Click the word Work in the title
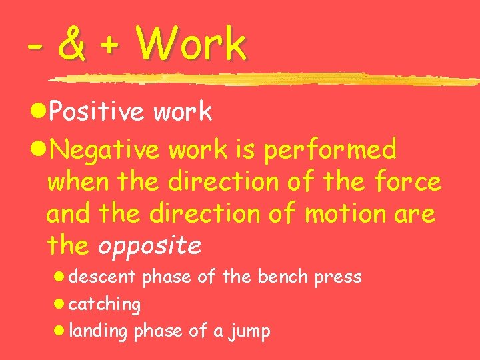coord(191,44)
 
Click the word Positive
coord(97,113)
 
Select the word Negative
coord(105,150)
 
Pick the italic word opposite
coord(149,247)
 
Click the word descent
coord(102,276)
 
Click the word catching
coord(105,305)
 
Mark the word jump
coord(247,332)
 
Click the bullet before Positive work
coord(39,113)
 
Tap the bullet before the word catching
coord(59,304)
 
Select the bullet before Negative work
coord(39,150)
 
